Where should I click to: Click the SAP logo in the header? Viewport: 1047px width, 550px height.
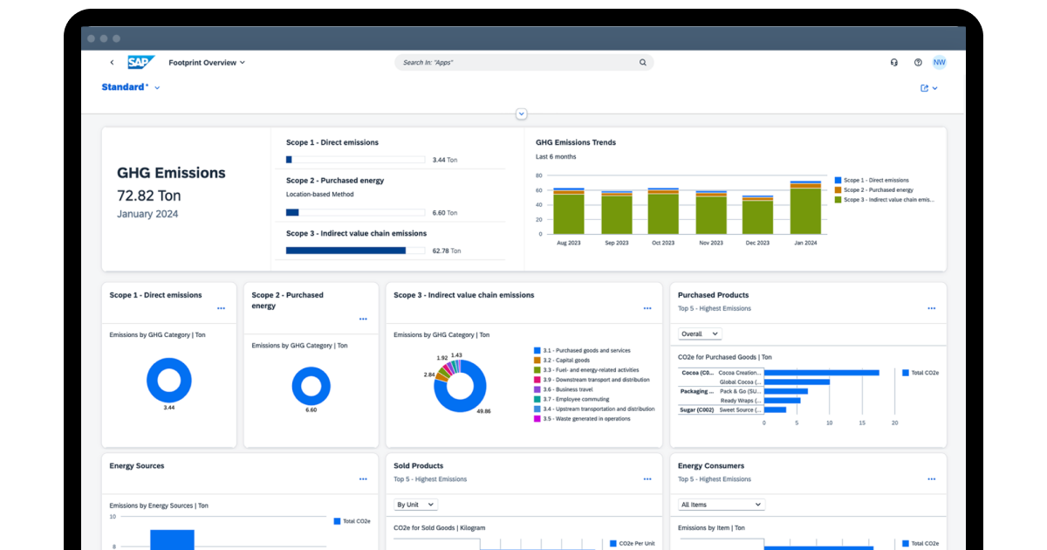tap(140, 62)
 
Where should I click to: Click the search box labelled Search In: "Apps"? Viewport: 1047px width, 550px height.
tap(523, 63)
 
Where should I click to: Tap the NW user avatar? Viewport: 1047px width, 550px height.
tap(939, 62)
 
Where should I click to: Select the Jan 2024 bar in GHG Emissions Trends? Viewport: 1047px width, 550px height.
tap(805, 209)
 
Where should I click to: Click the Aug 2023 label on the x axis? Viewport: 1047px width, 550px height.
tap(568, 243)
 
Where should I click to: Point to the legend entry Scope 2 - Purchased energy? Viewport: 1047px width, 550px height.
tap(878, 189)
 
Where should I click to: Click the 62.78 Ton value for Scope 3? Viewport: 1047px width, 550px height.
tap(446, 251)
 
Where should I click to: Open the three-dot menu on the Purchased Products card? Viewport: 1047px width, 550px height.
tap(931, 308)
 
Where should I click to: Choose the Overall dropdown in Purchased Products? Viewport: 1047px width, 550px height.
tap(700, 333)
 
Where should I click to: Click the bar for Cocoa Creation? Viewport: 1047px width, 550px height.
tap(821, 373)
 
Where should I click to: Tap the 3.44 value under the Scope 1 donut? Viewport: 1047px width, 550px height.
tap(168, 408)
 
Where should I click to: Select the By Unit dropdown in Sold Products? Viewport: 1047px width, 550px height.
tap(415, 505)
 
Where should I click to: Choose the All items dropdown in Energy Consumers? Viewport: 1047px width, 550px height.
tap(721, 505)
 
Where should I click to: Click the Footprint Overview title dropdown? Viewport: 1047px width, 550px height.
tap(207, 63)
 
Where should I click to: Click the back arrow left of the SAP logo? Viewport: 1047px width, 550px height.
tap(112, 63)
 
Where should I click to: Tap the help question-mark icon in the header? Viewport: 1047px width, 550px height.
tap(918, 63)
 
